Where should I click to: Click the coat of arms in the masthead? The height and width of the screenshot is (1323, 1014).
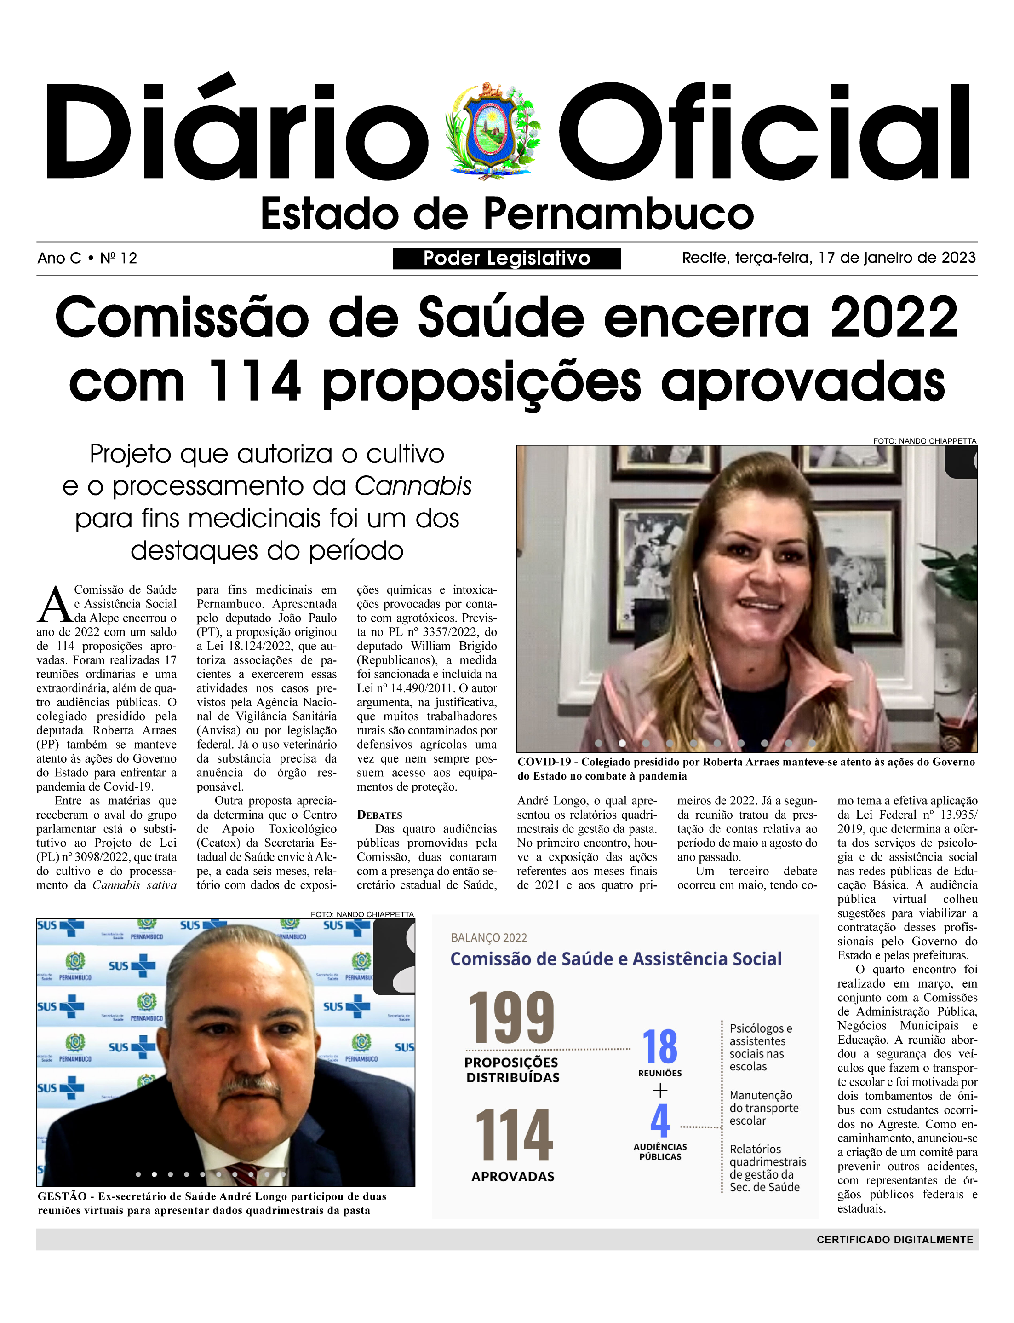point(493,128)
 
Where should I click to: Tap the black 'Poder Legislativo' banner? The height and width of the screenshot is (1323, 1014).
point(506,259)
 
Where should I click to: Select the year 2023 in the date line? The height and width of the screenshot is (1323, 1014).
point(958,258)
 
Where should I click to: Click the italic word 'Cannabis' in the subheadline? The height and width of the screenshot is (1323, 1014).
point(413,486)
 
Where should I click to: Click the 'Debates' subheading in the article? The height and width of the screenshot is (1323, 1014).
point(379,815)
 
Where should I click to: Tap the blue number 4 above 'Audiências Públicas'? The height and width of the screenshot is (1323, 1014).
point(660,1121)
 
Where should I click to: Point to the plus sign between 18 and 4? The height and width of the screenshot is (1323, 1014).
point(660,1091)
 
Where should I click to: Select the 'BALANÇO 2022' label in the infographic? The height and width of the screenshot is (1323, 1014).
point(489,938)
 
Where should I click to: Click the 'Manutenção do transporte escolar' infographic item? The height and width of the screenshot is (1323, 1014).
point(763,1108)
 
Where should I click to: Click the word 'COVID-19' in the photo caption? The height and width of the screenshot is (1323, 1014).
point(543,762)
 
